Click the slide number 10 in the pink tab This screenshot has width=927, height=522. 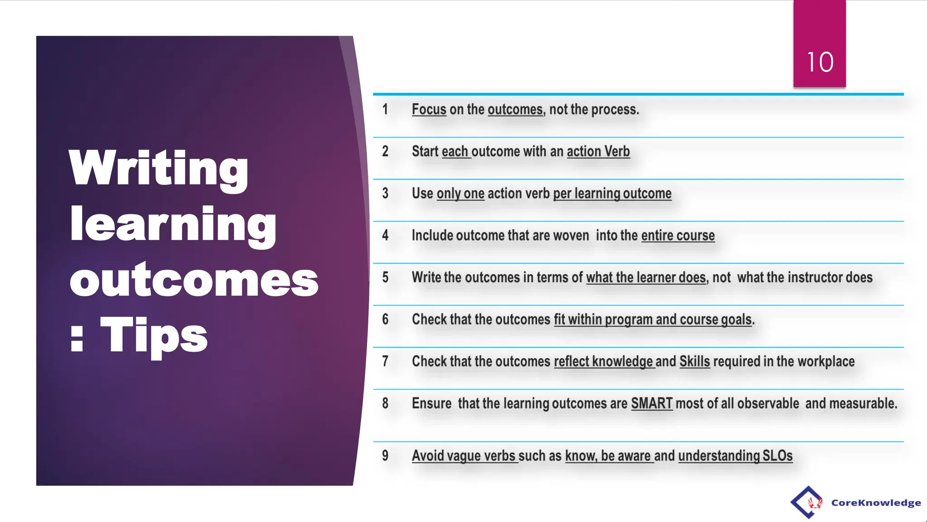point(820,62)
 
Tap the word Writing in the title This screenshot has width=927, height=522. point(158,168)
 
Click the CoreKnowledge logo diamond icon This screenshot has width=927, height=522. point(808,502)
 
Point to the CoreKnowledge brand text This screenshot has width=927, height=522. point(876,503)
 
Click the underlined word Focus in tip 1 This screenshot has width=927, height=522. point(429,109)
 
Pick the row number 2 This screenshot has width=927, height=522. point(385,151)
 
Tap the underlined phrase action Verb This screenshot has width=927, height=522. point(598,151)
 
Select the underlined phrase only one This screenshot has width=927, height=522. point(460,193)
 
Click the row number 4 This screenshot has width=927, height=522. point(385,235)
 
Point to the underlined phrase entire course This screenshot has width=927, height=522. point(678,236)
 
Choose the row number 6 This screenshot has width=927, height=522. point(385,319)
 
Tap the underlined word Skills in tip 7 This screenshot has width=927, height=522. point(694,362)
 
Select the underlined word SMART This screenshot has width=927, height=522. point(651,403)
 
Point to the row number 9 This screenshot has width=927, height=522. point(385,455)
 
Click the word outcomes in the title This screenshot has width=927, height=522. point(194,280)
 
